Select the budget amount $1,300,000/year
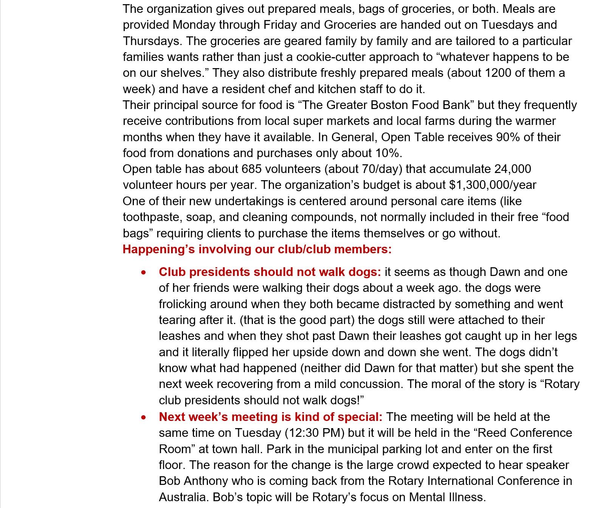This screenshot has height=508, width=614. point(492,185)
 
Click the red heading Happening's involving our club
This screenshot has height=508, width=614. point(257,249)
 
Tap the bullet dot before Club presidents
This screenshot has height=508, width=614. point(144,273)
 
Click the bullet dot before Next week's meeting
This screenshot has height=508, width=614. point(144,418)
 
